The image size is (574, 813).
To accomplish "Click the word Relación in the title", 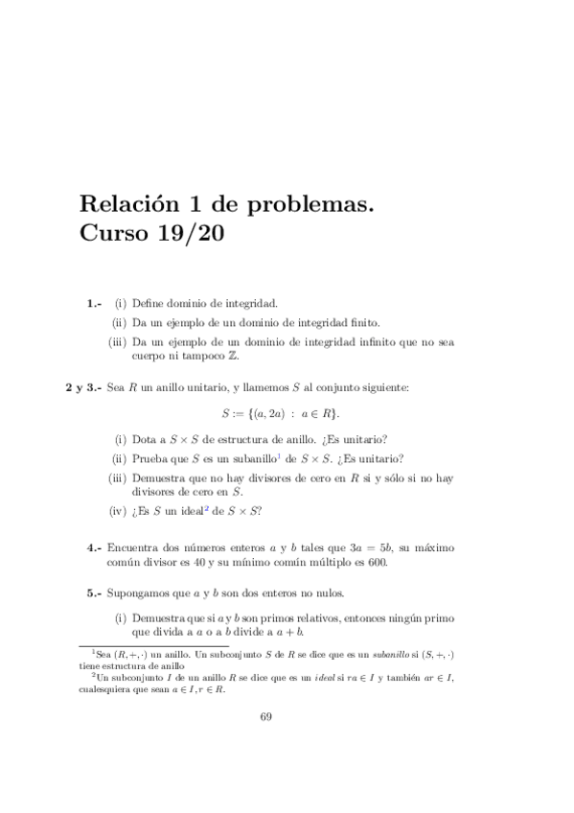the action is pyautogui.click(x=129, y=204).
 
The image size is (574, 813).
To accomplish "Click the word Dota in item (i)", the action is pyautogui.click(x=144, y=439).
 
